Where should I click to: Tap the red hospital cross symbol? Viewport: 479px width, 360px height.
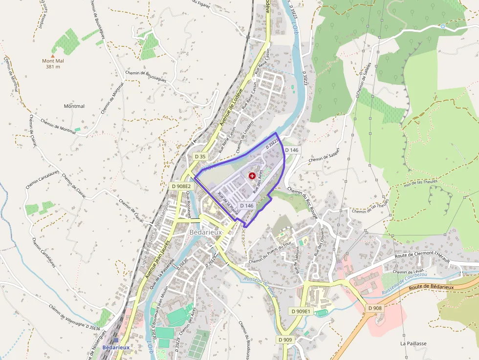(x=252, y=175)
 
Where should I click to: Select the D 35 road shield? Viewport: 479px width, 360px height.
(x=200, y=156)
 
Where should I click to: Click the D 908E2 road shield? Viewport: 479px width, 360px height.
(x=181, y=186)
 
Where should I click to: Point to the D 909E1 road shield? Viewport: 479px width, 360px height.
(x=301, y=311)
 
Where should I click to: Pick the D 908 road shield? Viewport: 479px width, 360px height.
(x=375, y=308)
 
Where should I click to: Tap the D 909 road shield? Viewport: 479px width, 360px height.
(x=285, y=339)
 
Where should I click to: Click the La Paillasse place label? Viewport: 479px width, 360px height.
(x=413, y=343)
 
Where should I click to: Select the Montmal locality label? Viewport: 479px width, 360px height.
(x=74, y=106)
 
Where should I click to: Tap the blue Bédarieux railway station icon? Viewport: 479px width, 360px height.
(x=115, y=340)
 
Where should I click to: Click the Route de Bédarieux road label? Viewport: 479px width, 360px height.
(x=432, y=290)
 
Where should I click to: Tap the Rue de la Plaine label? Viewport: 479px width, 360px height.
(x=228, y=205)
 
